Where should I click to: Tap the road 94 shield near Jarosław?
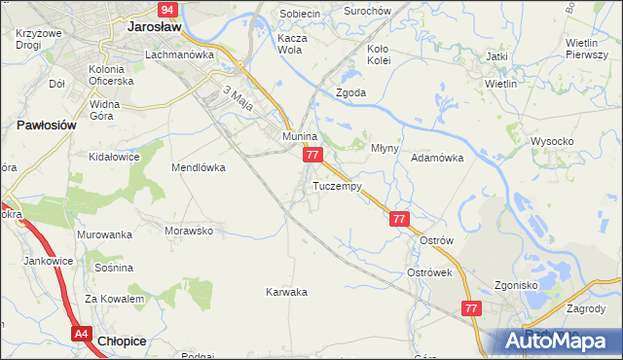167,10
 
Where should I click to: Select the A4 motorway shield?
82,334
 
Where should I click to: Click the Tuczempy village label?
338,185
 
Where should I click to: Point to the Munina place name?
300,137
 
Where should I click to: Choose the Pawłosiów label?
46,126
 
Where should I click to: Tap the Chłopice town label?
124,341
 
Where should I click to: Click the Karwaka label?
286,292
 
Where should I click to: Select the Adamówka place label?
436,157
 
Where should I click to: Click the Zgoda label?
350,93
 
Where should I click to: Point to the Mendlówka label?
199,167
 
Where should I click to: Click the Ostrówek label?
429,273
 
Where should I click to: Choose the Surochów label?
368,11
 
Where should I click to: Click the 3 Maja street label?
238,98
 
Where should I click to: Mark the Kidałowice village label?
116,156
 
